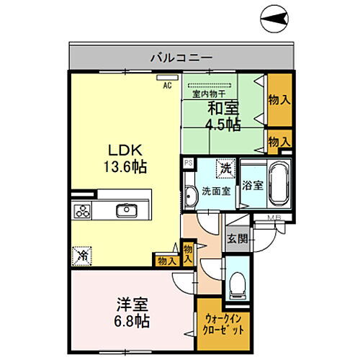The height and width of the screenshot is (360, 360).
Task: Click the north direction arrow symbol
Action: [x=273, y=14]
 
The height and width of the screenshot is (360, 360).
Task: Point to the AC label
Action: [x=167, y=85]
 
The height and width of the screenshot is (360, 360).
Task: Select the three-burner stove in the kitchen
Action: [x=82, y=211]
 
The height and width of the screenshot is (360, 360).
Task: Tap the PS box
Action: [x=187, y=163]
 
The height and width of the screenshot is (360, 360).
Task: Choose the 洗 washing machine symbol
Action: [x=225, y=168]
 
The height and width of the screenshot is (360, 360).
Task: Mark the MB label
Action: [x=274, y=219]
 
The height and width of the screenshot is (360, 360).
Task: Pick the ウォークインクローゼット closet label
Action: [x=224, y=323]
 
